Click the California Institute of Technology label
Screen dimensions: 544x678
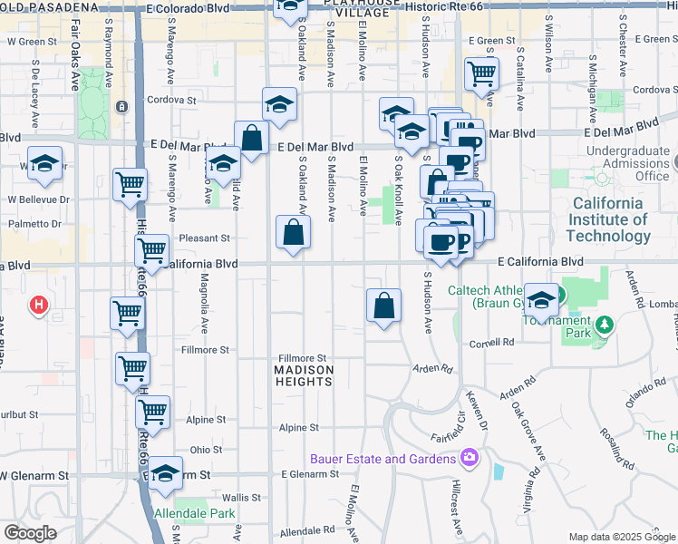pos(608,219)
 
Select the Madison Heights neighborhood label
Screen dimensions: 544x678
pos(305,375)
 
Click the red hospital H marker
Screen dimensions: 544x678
pos(39,305)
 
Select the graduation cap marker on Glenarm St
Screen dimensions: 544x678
pos(166,473)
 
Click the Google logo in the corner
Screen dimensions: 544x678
pos(30,532)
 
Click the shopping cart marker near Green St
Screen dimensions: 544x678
pos(481,73)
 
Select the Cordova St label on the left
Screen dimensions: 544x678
pos(172,100)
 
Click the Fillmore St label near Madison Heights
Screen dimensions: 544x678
pos(302,358)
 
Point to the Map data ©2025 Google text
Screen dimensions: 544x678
pos(622,537)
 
